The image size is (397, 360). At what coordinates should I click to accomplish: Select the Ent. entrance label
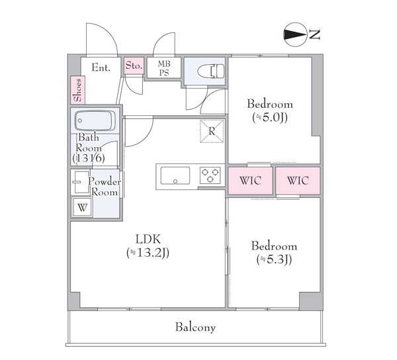point(101,67)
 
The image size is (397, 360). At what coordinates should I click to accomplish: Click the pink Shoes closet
point(78,90)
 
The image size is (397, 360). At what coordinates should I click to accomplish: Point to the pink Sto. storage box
point(134,66)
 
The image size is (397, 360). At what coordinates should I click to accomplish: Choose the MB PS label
point(163,68)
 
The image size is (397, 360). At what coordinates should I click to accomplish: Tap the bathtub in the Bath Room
point(95,121)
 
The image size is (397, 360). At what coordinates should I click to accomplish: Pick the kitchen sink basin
point(174,175)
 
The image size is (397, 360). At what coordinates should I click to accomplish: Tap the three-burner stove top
point(210,176)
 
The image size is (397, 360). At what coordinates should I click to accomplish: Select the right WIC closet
point(297,181)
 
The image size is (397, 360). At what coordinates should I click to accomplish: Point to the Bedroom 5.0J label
point(269,111)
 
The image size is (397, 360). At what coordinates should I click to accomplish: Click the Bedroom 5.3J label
point(274,252)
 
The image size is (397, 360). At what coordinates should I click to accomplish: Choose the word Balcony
point(195,327)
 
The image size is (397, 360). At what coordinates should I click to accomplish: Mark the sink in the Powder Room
point(79,181)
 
